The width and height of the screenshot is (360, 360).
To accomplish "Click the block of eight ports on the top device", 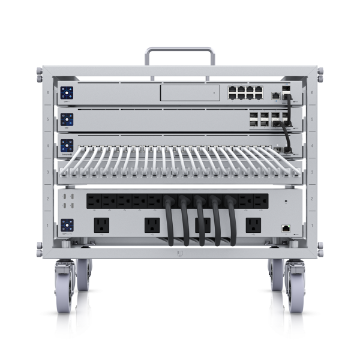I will click(244, 93).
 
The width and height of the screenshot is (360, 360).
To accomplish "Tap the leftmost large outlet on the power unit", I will click(101, 226).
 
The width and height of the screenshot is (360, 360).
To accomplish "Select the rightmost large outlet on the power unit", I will click(253, 226).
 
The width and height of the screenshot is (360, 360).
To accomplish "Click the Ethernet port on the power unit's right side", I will click(286, 227).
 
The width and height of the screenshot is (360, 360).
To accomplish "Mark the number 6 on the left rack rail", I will click(47, 93).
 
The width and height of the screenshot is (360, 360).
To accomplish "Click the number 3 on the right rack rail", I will click(313, 171).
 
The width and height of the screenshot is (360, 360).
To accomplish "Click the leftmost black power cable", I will click(170, 222).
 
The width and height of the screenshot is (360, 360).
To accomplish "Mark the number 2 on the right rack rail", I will click(313, 197).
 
